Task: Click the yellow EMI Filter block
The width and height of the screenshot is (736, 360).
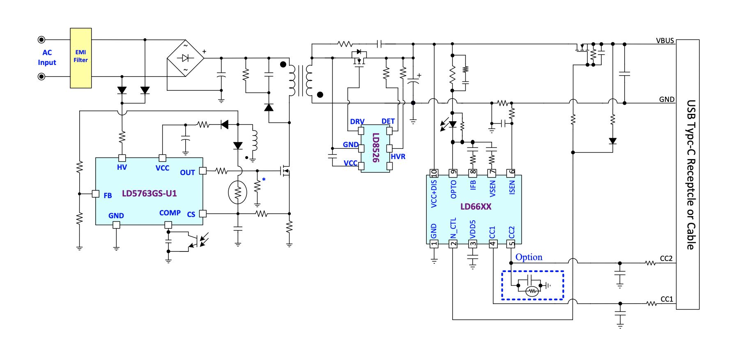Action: click(81, 58)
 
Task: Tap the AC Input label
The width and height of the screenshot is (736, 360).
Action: click(47, 58)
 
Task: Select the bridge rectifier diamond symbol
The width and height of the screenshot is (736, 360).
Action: click(186, 58)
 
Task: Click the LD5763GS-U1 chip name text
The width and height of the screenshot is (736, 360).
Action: click(149, 194)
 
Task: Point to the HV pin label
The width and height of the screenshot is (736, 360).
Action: click(122, 167)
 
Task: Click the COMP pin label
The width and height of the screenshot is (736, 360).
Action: click(170, 213)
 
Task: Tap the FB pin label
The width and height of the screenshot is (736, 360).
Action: click(108, 196)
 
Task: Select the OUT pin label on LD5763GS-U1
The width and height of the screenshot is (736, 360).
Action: click(187, 173)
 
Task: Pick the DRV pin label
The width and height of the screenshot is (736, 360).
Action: click(357, 122)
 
